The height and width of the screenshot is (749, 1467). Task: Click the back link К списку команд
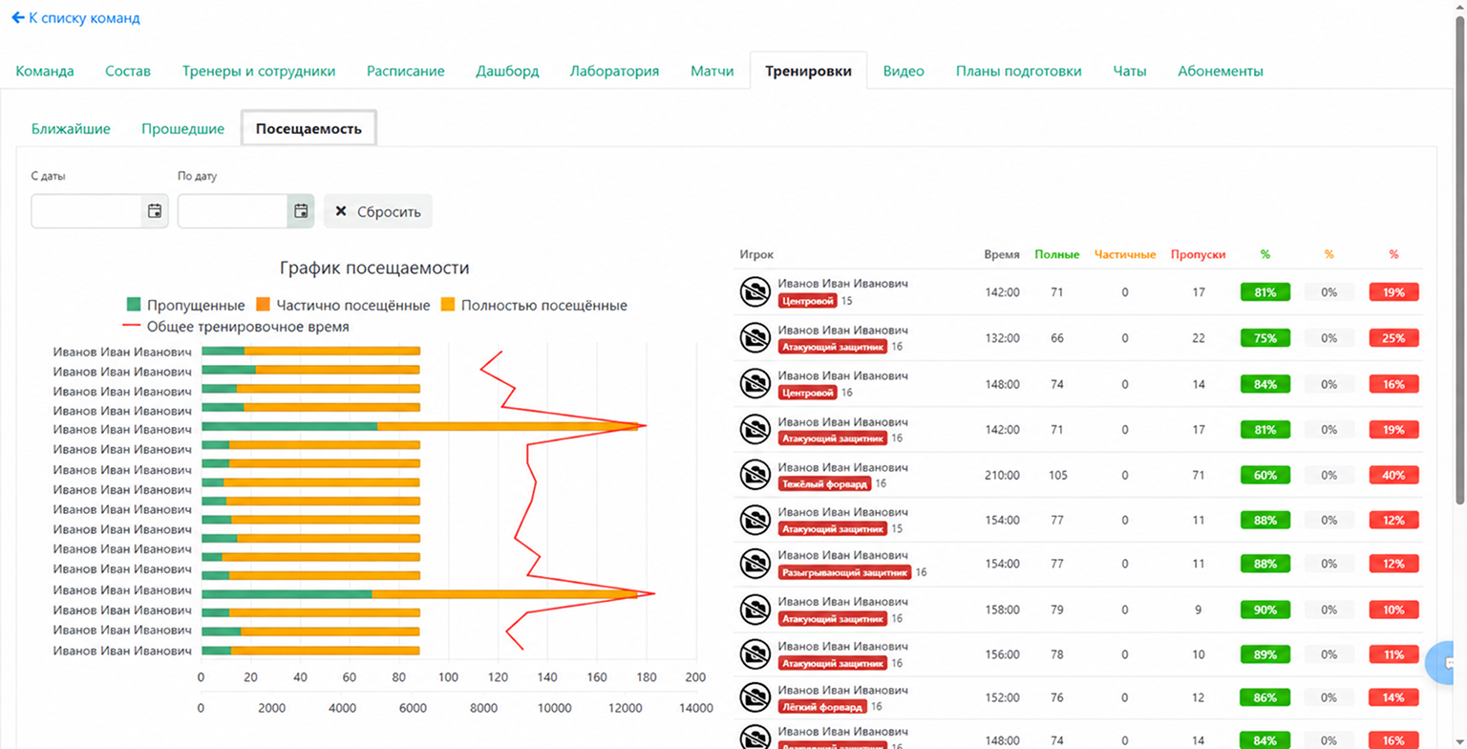tap(76, 18)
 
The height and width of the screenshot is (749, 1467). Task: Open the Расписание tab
tap(405, 71)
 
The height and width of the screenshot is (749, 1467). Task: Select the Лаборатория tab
tap(614, 71)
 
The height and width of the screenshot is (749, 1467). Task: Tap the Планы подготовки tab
tap(1018, 71)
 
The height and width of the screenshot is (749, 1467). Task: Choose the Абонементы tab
tap(1220, 71)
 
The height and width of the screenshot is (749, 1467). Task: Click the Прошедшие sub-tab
tap(182, 128)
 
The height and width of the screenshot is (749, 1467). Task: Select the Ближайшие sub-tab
tap(71, 128)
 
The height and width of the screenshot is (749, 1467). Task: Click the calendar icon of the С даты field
tap(155, 211)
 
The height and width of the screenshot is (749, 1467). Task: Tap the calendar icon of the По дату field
tap(301, 211)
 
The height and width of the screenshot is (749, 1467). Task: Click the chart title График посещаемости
tap(374, 267)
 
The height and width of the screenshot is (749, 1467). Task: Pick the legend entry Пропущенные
tap(185, 305)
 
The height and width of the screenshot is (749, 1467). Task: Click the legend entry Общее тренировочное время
tap(236, 327)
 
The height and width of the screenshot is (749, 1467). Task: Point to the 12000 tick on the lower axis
tap(625, 708)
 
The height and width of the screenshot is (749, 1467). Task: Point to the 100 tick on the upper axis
tap(448, 677)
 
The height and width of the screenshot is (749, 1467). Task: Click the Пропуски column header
tap(1198, 254)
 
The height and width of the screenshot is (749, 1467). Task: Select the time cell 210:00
tap(1002, 475)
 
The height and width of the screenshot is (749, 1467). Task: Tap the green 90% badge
tap(1265, 610)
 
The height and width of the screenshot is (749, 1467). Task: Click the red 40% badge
tap(1393, 475)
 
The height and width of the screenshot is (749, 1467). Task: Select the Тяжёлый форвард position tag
tap(824, 484)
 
